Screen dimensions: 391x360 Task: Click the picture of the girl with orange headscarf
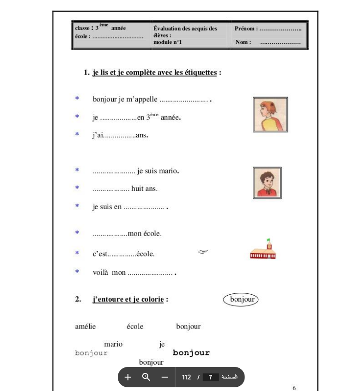point(270,115)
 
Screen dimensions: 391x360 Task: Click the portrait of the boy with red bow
point(267,183)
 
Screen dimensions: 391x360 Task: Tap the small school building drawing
point(263,250)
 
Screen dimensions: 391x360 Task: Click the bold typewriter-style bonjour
point(191,353)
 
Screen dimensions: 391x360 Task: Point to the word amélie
point(85,327)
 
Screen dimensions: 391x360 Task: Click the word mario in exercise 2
point(113,344)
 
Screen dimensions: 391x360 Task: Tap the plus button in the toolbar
point(128,377)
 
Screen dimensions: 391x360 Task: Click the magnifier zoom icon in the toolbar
point(146,377)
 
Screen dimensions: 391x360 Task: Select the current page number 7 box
point(210,377)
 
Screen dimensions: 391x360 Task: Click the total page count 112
point(187,377)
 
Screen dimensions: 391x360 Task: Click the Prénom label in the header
point(246,29)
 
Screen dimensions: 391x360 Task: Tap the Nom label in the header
point(243,42)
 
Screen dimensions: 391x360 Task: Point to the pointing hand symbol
point(203,252)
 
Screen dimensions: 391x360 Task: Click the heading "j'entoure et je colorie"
point(128,299)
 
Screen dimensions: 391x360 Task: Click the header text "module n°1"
point(168,42)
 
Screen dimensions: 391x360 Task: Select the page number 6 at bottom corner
point(294,388)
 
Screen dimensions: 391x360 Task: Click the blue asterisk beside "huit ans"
point(77,188)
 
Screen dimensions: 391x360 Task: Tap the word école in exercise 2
point(135,327)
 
